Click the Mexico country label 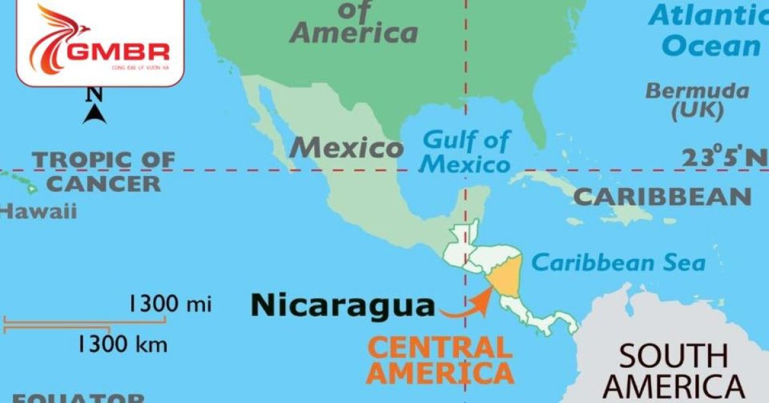346,148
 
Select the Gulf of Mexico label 467,152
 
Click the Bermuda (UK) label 697,100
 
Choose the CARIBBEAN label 662,196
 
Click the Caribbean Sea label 618,262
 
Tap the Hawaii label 38,210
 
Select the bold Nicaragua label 342,305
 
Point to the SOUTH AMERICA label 673,371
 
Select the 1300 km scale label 122,345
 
